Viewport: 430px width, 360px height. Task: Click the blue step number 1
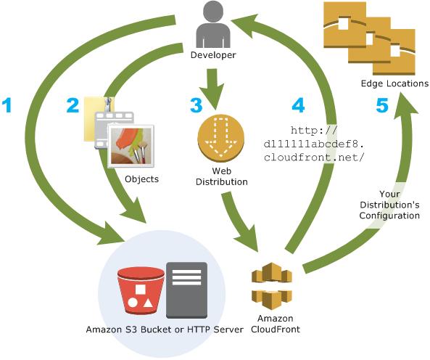[x=9, y=106]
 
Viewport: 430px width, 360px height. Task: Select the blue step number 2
[x=73, y=106]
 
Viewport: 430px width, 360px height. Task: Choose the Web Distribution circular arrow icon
[x=218, y=136]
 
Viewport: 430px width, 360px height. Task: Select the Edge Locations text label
[x=394, y=84]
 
